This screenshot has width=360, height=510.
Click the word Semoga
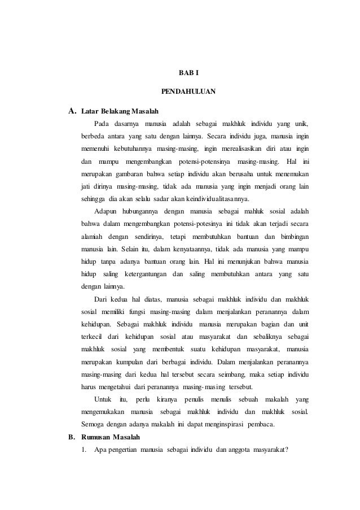[95, 424]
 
